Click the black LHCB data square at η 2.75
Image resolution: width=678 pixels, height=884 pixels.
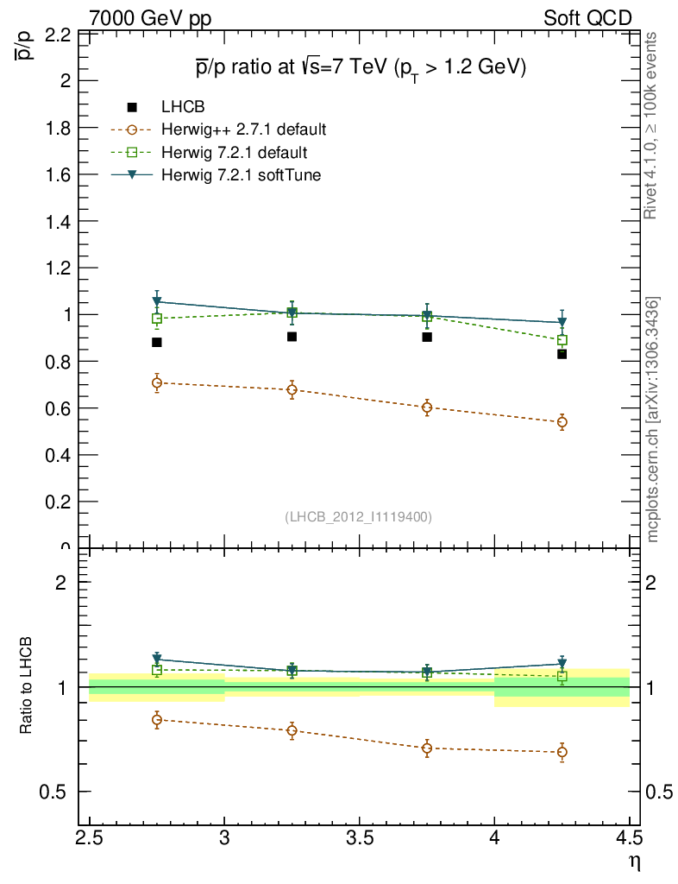click(157, 343)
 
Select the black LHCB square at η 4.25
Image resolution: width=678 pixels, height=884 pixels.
click(562, 354)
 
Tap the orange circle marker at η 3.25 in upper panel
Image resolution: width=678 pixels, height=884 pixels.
click(292, 389)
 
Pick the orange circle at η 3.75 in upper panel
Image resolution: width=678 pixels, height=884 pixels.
click(427, 407)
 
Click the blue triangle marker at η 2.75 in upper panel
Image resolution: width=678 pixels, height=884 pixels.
click(157, 302)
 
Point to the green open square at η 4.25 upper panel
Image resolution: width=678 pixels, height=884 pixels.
click(562, 340)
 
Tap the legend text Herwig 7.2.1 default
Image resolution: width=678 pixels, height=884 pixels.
click(234, 153)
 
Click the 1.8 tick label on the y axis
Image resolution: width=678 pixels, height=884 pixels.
click(57, 128)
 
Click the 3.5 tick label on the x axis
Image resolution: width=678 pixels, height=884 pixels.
click(359, 838)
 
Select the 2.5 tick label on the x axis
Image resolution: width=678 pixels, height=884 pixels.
click(90, 838)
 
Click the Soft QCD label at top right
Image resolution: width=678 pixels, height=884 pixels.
click(587, 18)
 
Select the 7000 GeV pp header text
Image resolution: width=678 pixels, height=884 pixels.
click(150, 18)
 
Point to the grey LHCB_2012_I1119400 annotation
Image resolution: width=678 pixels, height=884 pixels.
click(358, 517)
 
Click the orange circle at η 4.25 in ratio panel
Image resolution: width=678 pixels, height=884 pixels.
click(562, 752)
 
